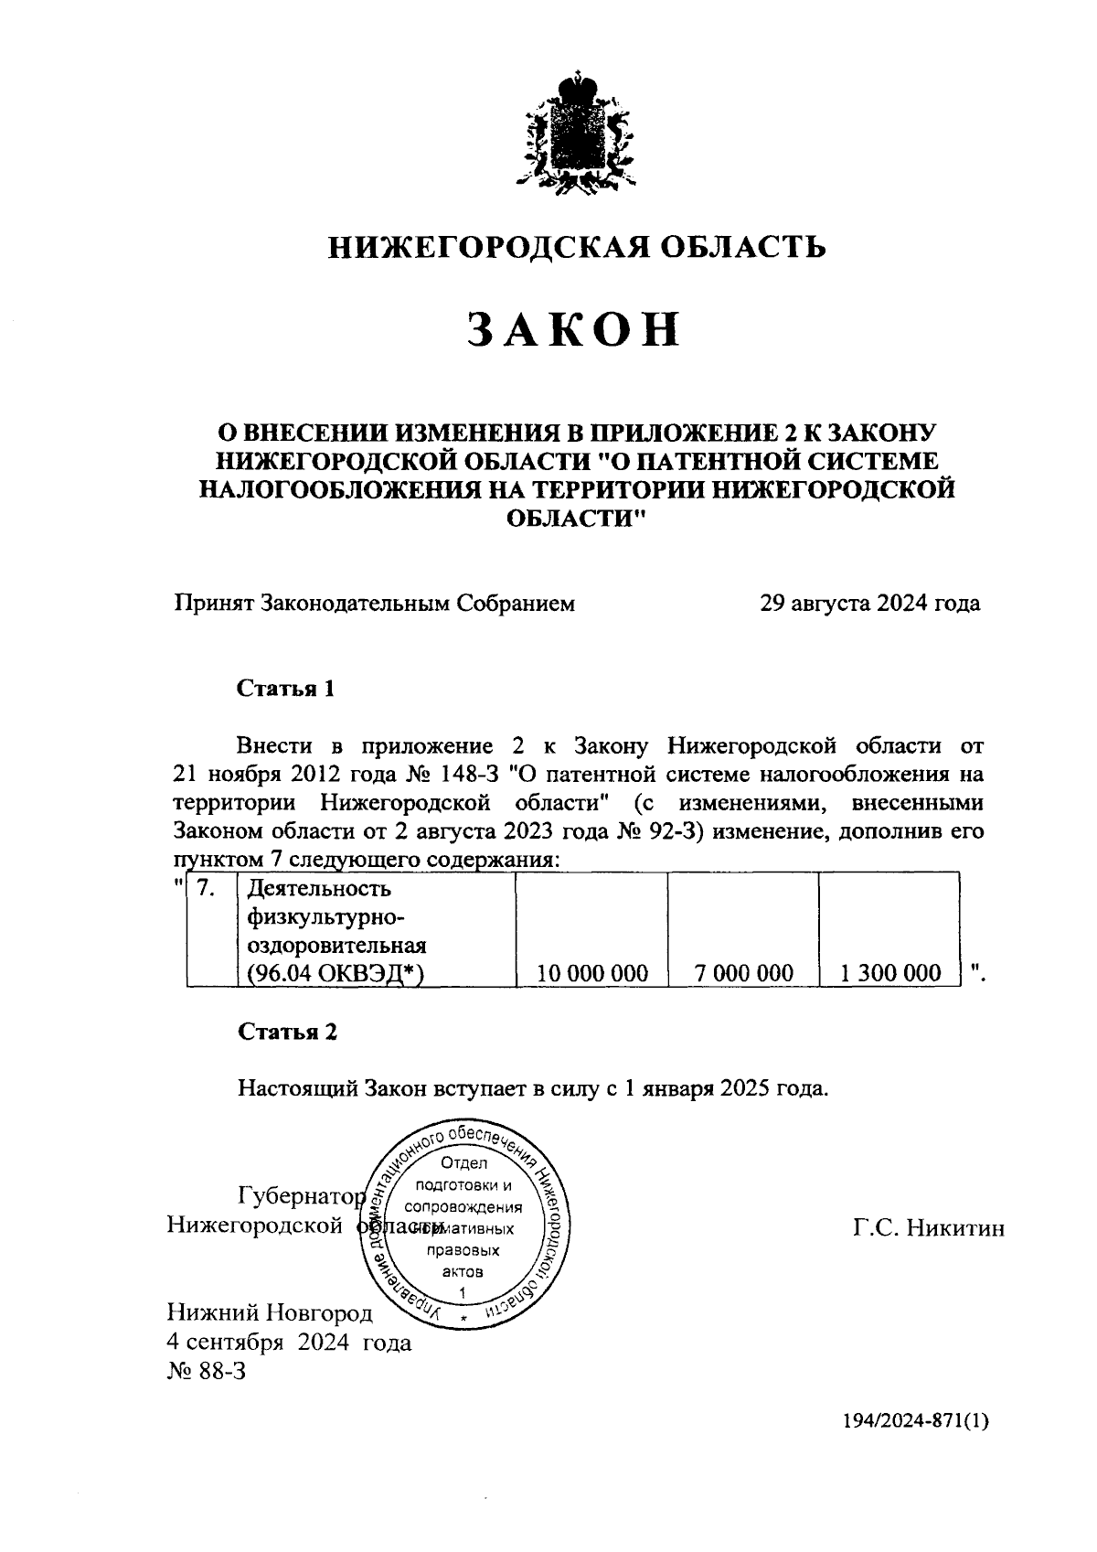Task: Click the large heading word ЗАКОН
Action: click(574, 329)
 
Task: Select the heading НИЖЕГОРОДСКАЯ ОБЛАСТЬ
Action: click(578, 246)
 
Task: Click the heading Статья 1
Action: click(286, 689)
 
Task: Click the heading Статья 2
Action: click(287, 1032)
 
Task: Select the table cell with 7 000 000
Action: click(744, 973)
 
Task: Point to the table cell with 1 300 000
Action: click(890, 973)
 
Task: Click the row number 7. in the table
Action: click(207, 888)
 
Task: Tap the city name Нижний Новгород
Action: click(270, 1313)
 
